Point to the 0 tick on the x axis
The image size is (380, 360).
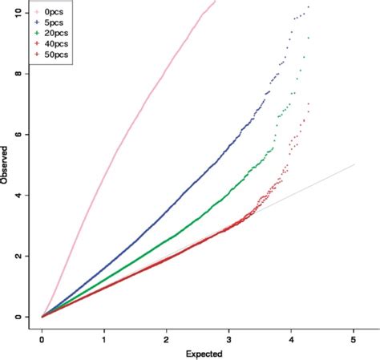coord(42,338)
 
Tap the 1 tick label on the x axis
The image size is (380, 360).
coord(104,338)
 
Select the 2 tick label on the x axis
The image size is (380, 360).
coord(167,338)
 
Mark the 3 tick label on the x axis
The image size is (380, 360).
coord(229,338)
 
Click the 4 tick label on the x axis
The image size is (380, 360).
coord(292,338)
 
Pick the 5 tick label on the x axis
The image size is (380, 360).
coord(354,338)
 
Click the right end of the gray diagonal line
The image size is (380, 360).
coord(354,164)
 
